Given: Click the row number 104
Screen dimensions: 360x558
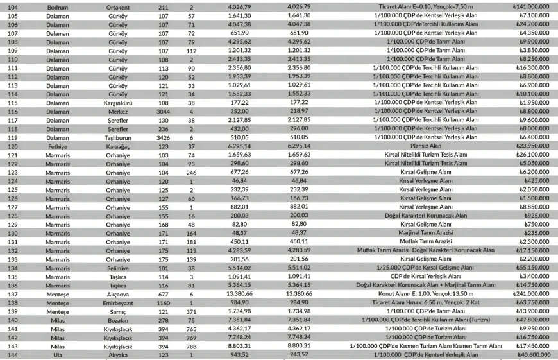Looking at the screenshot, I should point(13,6).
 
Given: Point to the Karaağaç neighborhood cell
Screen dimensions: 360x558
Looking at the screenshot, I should point(118,146).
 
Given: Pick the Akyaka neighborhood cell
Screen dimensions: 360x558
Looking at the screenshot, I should point(118,355).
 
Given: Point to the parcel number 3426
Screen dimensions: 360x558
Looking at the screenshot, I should point(163,137).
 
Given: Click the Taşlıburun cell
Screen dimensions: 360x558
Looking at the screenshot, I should point(118,137).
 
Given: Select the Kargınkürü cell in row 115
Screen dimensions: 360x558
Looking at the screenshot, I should point(118,103).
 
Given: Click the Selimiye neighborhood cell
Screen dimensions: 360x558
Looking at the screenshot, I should point(118,268).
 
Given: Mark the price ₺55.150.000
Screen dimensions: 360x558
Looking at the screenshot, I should point(532,268).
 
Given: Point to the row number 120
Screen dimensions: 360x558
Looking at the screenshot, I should point(13,146).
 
